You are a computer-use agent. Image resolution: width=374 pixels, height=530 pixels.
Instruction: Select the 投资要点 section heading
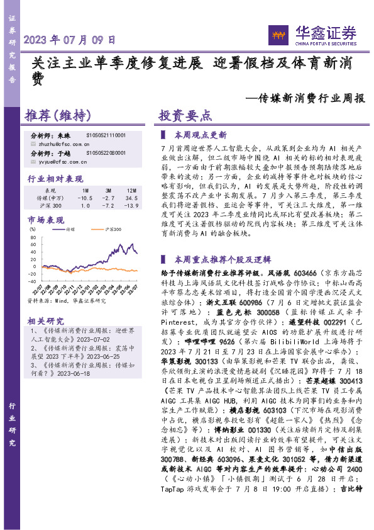[185, 116]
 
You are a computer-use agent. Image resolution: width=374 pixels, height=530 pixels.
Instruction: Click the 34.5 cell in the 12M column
[131, 197]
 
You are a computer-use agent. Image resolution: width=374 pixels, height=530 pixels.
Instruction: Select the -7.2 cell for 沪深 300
[108, 206]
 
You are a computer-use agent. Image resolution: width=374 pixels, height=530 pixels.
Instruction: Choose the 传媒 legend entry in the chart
[71, 230]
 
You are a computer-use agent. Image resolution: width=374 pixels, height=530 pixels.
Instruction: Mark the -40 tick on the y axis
[32, 281]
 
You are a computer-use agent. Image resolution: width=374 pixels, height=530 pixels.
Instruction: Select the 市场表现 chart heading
[45, 220]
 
